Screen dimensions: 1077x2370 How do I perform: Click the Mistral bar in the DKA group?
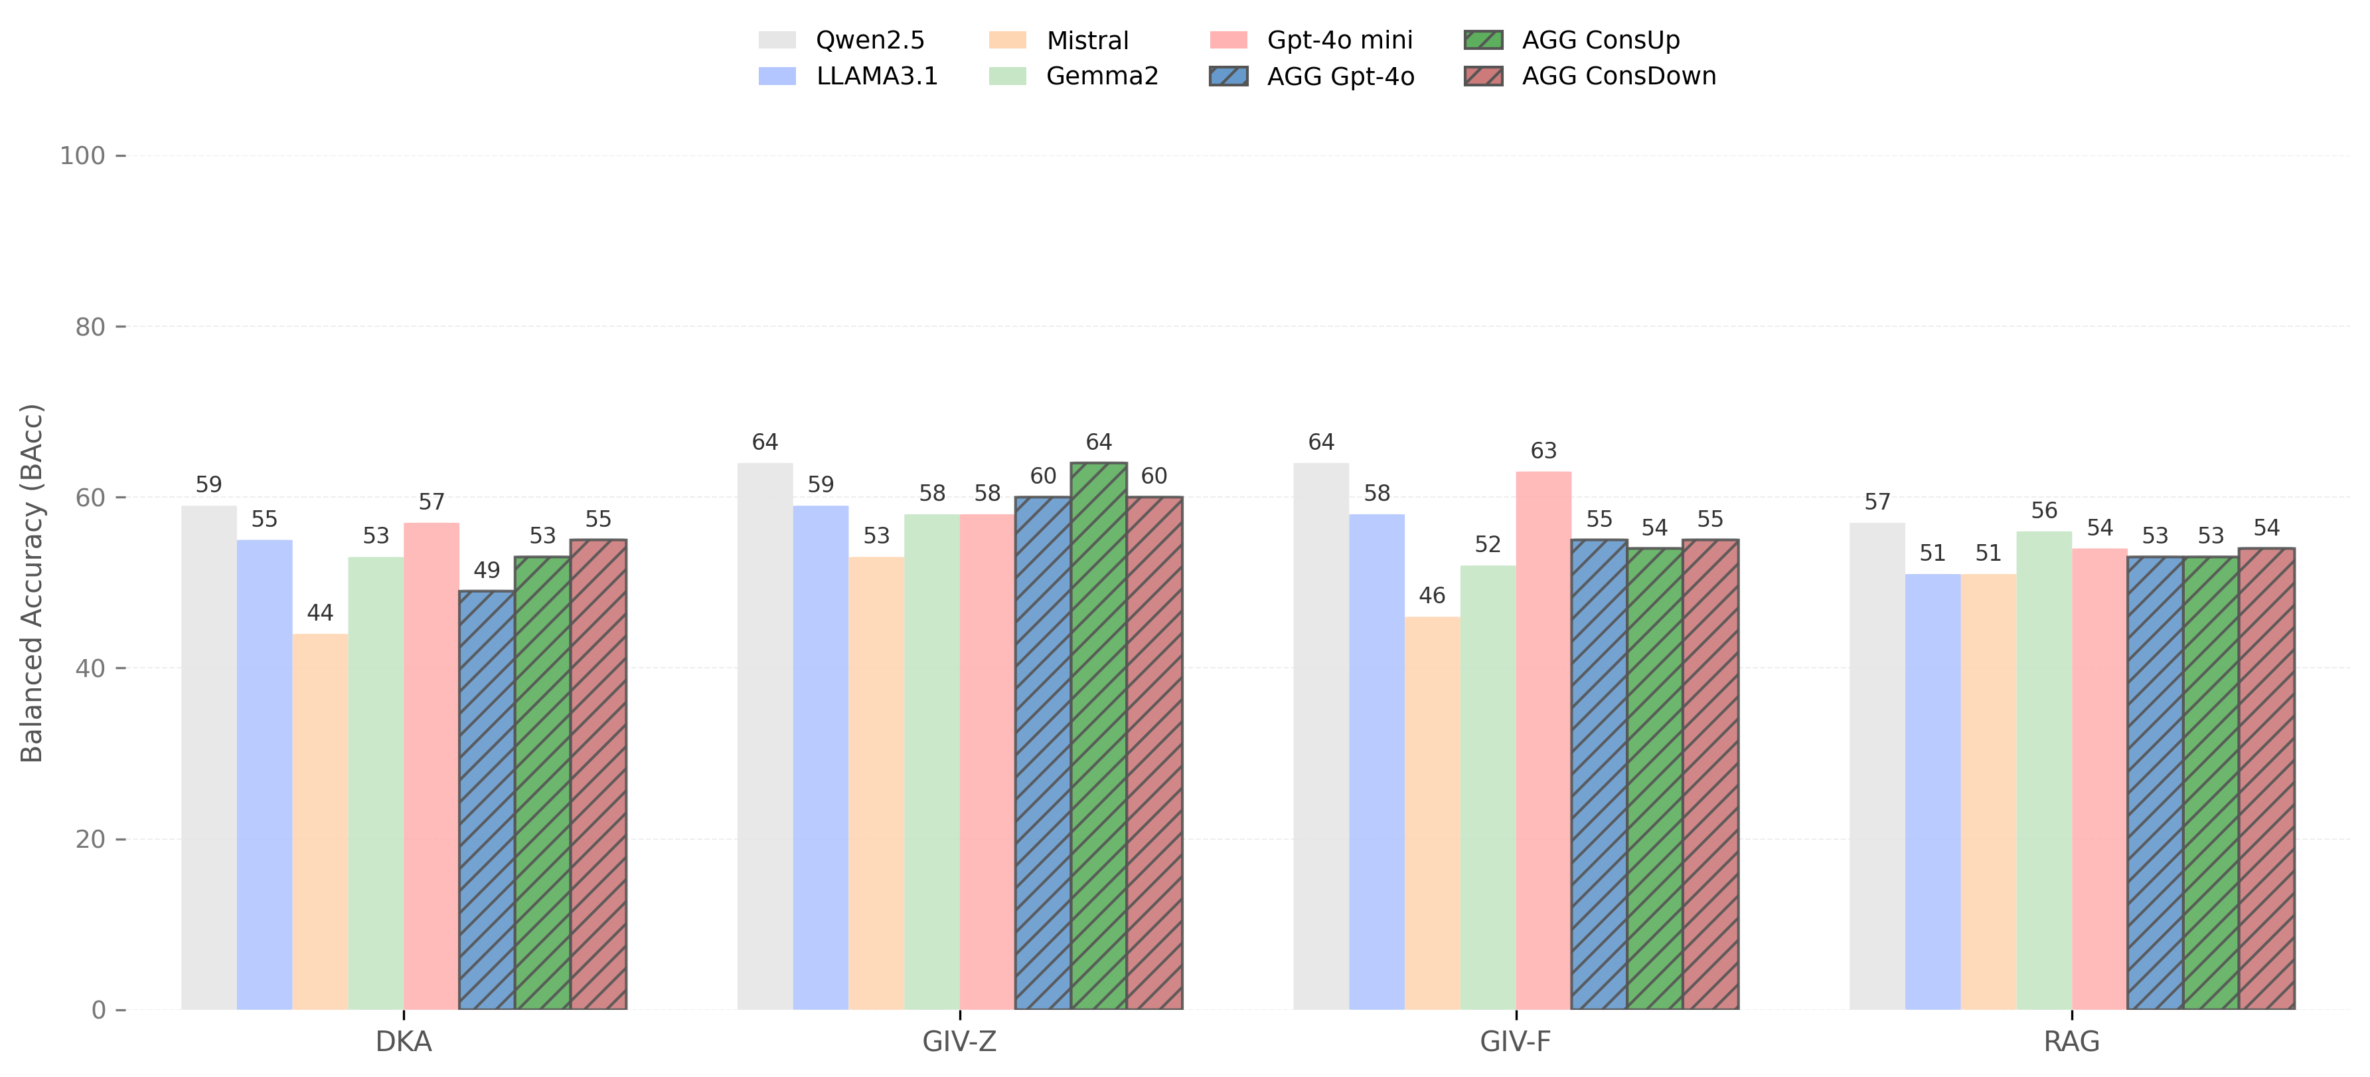coord(320,821)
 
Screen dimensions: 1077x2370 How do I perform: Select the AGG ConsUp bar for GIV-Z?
coord(1099,736)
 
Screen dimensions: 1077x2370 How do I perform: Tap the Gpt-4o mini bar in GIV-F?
coord(1543,740)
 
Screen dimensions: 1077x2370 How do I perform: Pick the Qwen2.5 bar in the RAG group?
coord(1877,766)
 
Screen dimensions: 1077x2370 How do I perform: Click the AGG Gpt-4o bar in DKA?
coord(487,800)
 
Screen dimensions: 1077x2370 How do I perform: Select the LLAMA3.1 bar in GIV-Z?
coord(821,757)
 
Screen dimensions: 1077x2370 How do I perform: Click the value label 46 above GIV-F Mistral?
coord(1431,595)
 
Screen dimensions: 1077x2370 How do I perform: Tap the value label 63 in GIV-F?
coord(1543,451)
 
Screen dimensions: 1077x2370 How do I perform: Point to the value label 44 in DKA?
coord(320,613)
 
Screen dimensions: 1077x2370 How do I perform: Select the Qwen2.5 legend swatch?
coord(777,41)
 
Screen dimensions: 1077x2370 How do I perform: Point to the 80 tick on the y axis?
coord(90,327)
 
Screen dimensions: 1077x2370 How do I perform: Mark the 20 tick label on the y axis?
coord(90,840)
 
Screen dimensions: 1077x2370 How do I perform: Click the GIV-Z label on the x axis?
coord(959,1042)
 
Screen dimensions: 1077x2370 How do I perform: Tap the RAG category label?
coord(2071,1042)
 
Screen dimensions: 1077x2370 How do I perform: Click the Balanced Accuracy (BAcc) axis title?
coord(33,583)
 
